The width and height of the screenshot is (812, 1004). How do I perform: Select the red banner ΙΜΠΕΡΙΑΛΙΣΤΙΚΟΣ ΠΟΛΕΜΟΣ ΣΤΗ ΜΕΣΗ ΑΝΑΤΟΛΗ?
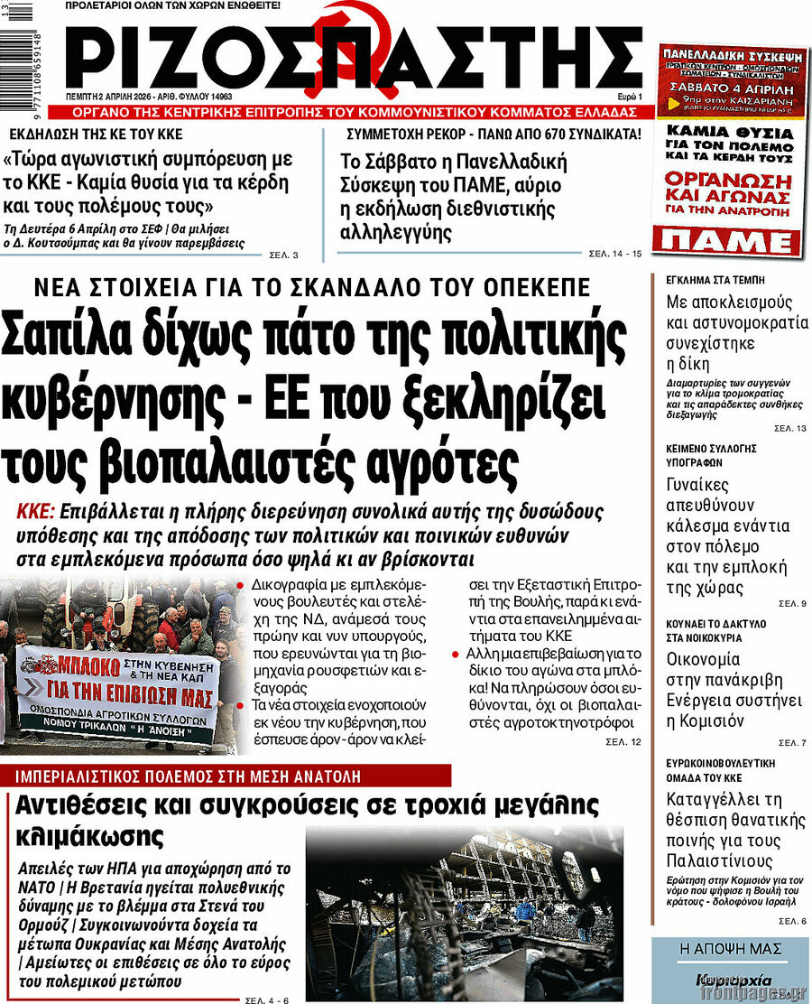tap(226, 775)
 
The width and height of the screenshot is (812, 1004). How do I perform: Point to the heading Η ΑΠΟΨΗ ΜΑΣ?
tap(731, 948)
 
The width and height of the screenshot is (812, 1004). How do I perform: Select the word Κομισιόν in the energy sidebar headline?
tap(705, 720)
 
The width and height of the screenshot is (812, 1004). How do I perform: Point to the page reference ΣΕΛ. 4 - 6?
tap(267, 999)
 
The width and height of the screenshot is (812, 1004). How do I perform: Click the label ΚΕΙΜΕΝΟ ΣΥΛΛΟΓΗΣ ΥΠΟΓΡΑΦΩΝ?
tap(711, 454)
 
